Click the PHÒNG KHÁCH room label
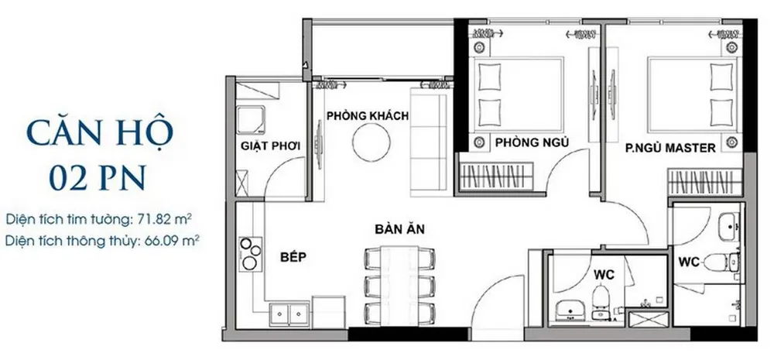(367, 116)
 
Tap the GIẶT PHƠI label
(270, 146)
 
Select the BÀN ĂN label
(400, 229)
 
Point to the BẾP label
(293, 257)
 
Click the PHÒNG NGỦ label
(533, 142)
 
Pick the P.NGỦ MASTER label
(670, 148)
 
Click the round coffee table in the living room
(372, 142)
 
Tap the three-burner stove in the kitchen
(251, 253)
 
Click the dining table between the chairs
(400, 286)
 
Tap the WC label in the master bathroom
(689, 262)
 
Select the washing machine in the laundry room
(251, 119)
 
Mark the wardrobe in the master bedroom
(705, 182)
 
